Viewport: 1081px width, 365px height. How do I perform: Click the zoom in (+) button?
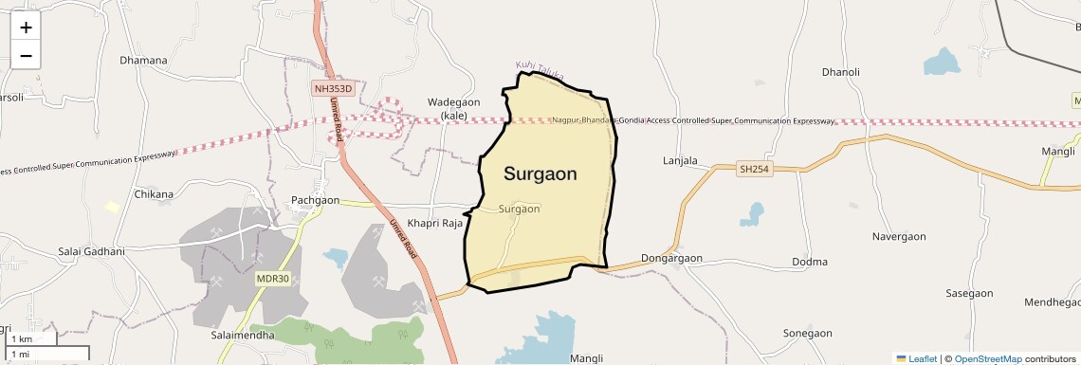click(26, 27)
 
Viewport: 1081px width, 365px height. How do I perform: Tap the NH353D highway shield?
click(333, 88)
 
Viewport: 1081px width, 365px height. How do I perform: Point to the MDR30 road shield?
click(271, 279)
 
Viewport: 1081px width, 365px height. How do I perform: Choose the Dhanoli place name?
click(840, 72)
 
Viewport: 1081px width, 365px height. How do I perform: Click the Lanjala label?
click(679, 161)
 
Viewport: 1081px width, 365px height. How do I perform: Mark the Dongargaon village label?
click(671, 258)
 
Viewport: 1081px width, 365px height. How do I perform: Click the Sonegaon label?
click(807, 334)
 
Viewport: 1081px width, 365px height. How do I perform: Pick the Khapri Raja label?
click(434, 224)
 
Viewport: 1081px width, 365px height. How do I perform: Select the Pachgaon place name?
click(315, 200)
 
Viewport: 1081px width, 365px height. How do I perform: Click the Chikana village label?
click(154, 194)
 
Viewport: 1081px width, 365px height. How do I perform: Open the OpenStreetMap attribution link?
click(987, 358)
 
